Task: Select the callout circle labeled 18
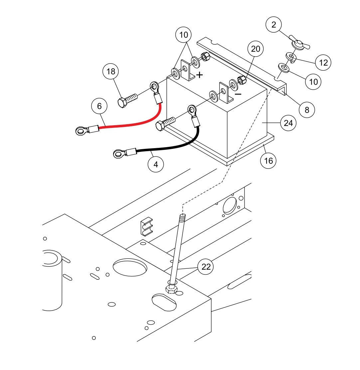pos(111,71)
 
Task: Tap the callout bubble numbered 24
pos(288,123)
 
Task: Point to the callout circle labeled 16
pos(268,161)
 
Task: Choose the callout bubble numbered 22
pos(206,267)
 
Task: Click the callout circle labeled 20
pos(255,49)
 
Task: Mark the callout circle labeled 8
pos(307,110)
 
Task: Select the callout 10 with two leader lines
pos(184,35)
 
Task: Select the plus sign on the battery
pos(199,75)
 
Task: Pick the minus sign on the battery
pos(238,94)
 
